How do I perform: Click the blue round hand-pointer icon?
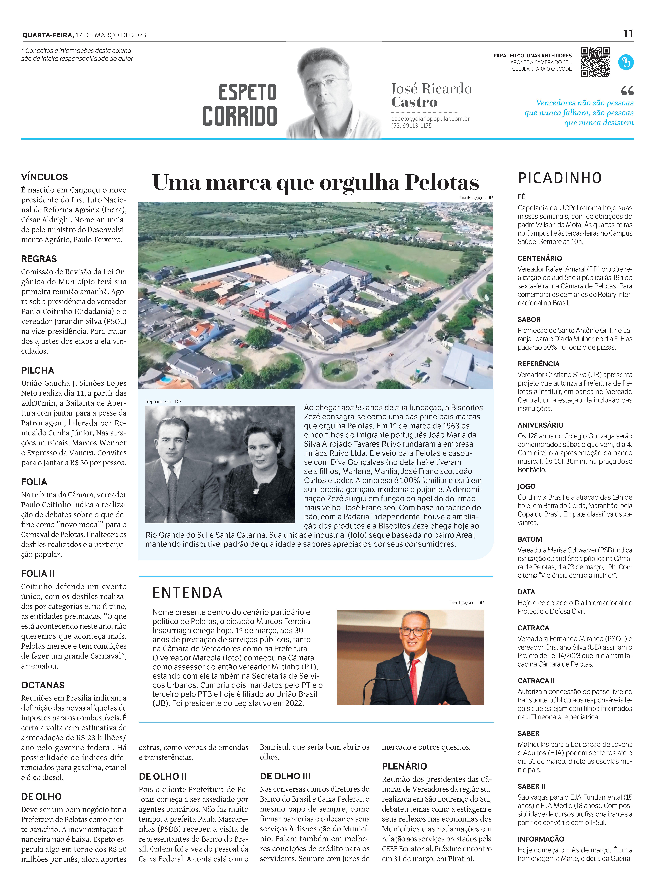(626, 62)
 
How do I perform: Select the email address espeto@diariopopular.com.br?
(430, 118)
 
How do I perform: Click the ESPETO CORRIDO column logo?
(240, 105)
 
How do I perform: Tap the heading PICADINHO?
(559, 178)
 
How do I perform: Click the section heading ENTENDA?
(187, 593)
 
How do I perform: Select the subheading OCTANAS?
(43, 685)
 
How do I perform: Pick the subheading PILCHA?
(38, 370)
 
